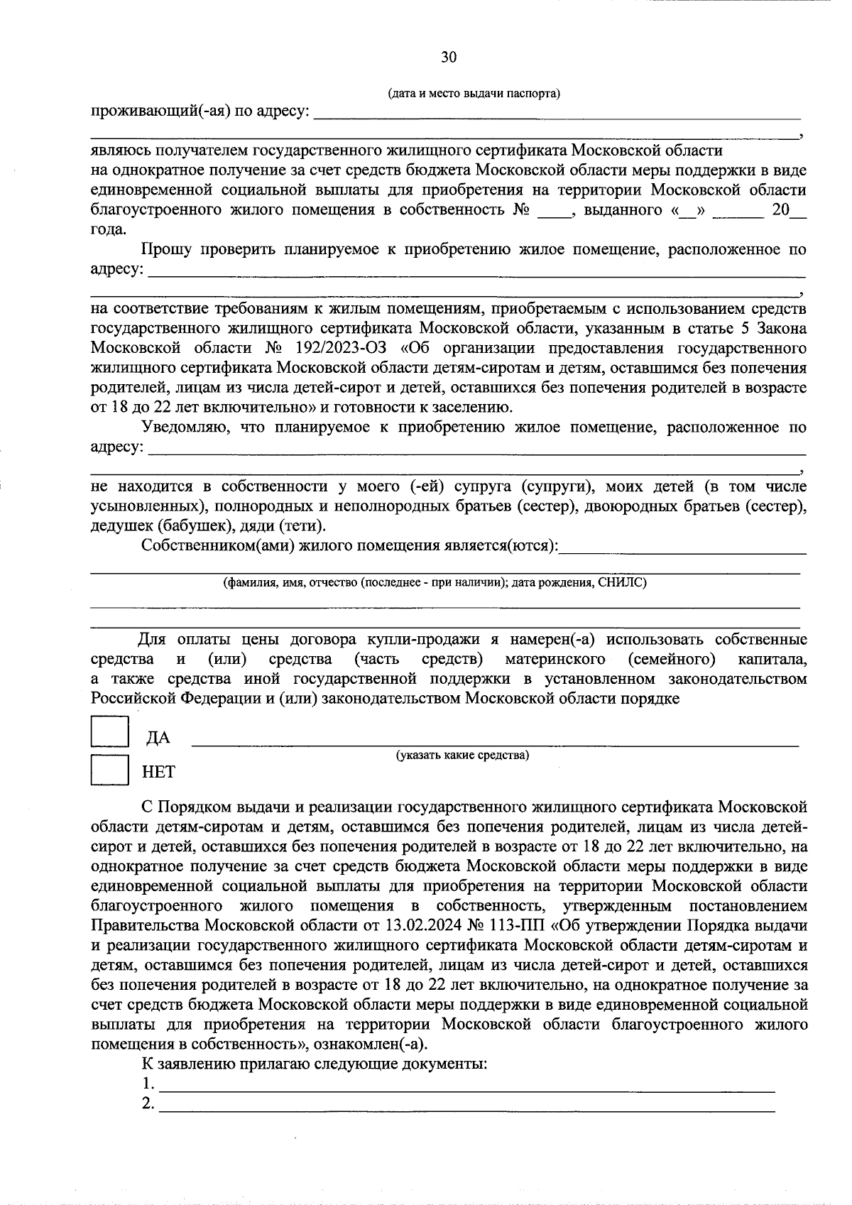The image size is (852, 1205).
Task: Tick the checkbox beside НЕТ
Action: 109,769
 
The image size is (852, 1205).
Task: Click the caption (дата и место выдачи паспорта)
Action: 474,94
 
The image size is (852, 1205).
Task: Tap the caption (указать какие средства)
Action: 463,755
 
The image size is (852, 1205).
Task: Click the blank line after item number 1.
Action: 466,1084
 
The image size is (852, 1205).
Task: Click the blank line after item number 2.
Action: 466,1104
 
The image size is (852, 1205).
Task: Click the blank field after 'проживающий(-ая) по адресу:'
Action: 557,113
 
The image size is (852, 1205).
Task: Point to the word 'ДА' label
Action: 158,738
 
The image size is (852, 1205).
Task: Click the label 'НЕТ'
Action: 158,772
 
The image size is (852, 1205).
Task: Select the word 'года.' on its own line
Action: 109,230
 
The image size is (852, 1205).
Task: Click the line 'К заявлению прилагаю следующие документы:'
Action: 314,1064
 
